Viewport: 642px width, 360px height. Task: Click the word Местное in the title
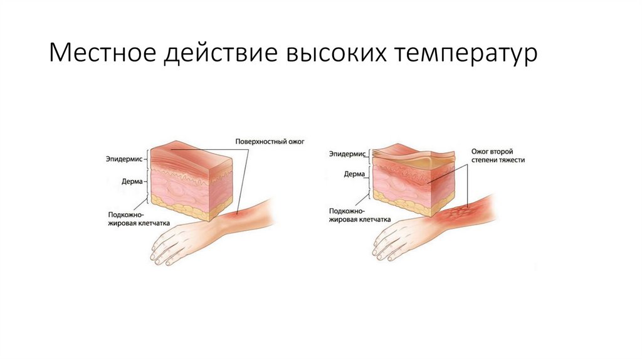(102, 53)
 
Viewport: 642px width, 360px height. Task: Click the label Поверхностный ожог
(270, 142)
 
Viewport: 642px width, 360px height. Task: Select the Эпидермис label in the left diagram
(125, 159)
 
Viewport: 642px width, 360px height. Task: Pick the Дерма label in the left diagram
(134, 182)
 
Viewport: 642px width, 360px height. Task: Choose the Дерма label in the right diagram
(355, 174)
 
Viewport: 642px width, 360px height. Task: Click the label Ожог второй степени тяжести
(497, 156)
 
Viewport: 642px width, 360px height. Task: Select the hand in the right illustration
(401, 238)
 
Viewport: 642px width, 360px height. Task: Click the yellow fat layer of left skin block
(182, 211)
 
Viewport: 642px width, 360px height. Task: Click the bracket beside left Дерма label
(148, 182)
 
